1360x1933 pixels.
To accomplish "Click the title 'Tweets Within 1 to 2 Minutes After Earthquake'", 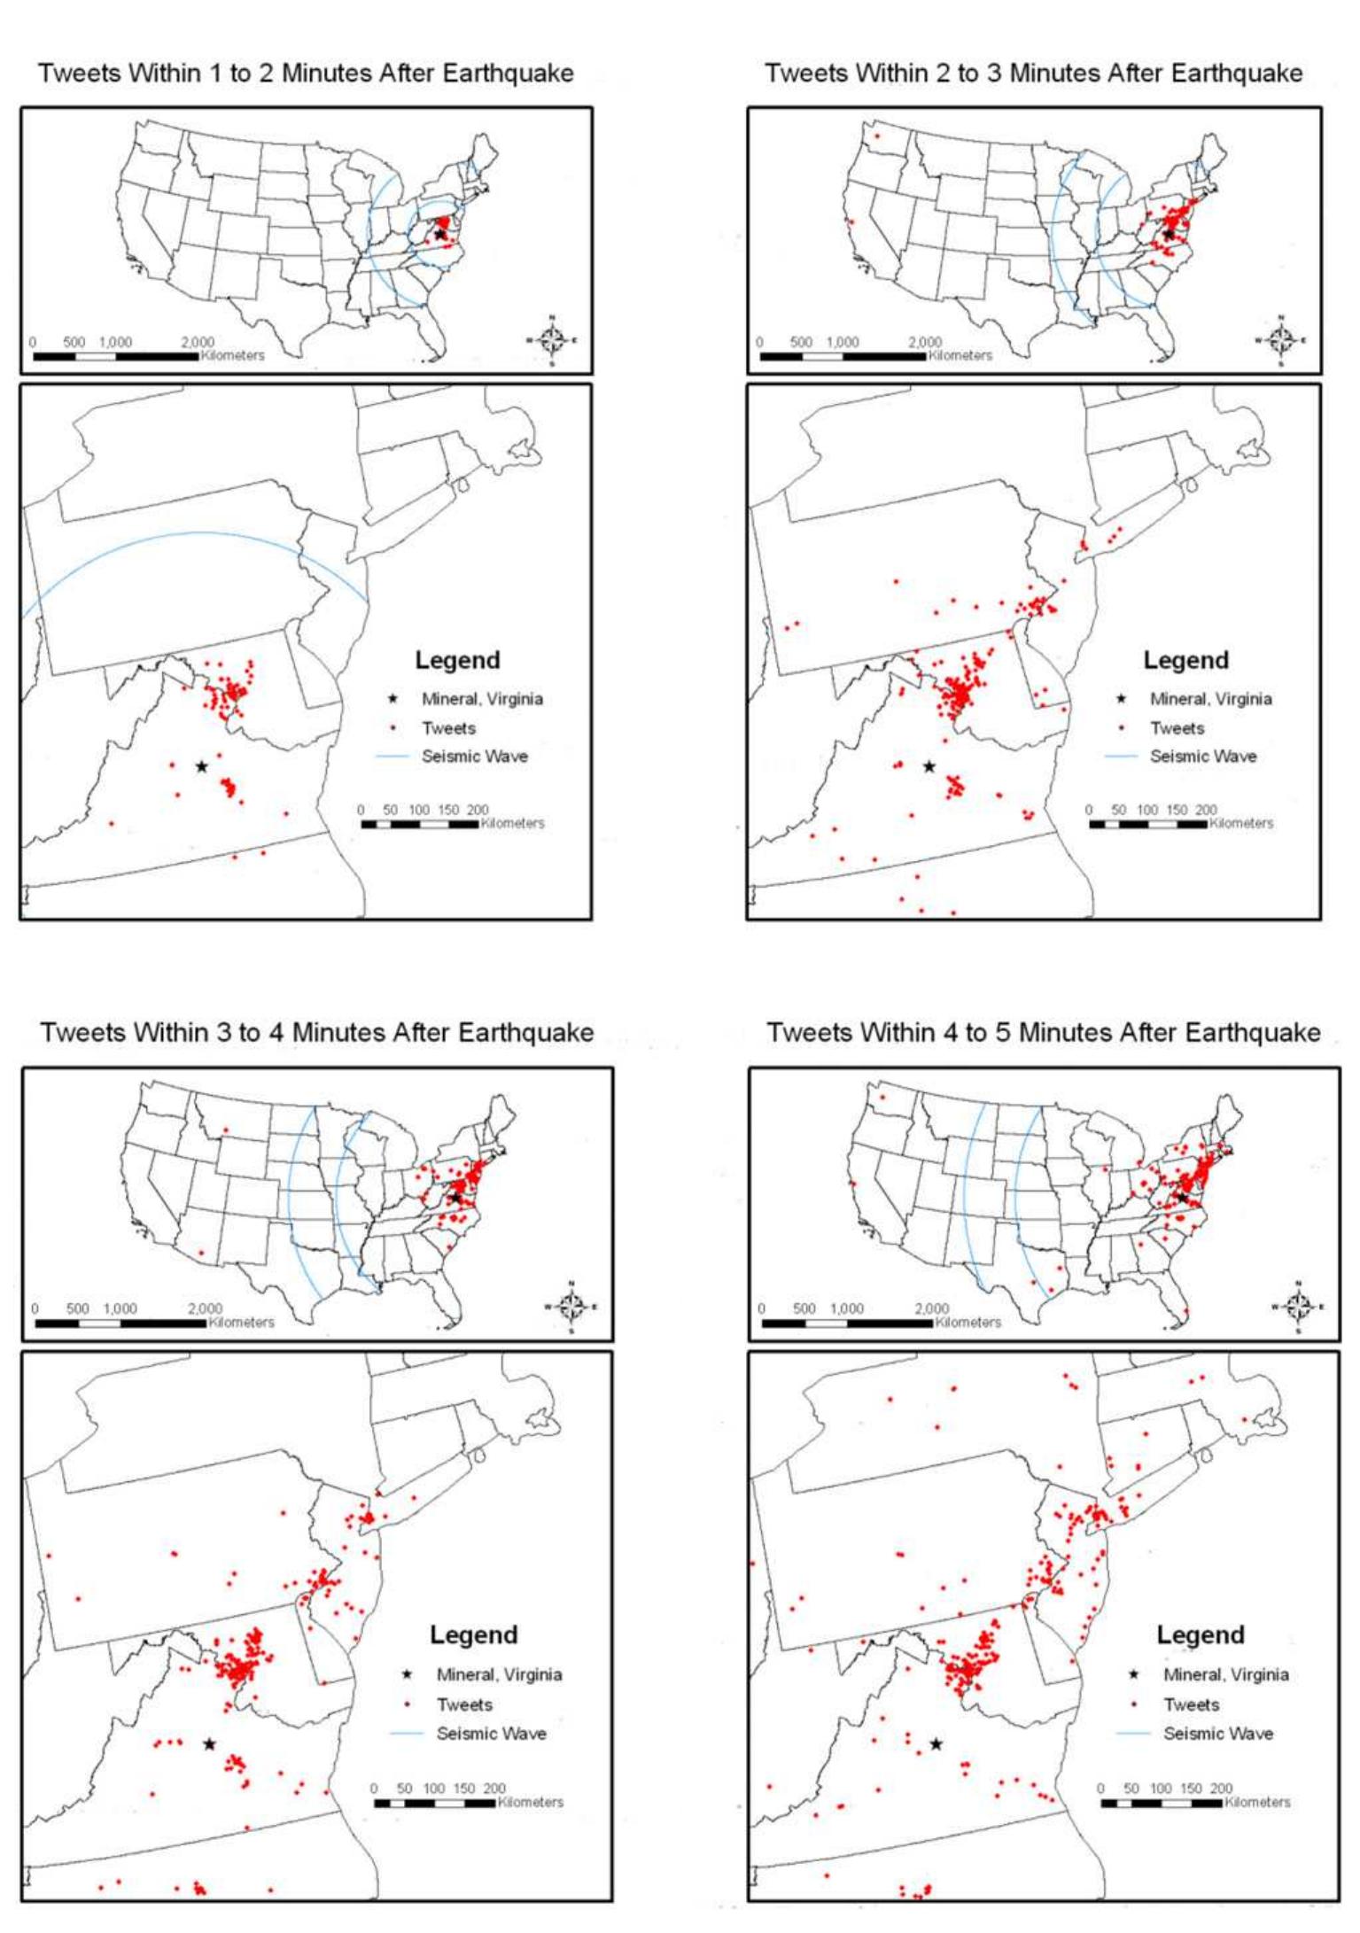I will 306,73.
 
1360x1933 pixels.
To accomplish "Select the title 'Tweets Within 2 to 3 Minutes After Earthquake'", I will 1033,73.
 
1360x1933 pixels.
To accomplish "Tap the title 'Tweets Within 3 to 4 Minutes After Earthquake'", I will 316,1032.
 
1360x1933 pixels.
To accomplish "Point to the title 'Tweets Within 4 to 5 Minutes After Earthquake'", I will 1043,1032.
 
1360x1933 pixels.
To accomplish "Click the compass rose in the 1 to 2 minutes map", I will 552,339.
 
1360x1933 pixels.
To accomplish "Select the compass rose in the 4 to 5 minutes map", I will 1298,1307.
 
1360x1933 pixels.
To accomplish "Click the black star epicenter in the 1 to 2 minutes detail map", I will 202,766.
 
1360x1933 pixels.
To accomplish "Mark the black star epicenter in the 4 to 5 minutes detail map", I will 936,1744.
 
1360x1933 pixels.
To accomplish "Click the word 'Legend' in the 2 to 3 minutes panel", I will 1185,660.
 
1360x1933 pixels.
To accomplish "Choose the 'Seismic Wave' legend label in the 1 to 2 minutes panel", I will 474,757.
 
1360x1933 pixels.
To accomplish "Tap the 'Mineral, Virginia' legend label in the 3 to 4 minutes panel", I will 499,1674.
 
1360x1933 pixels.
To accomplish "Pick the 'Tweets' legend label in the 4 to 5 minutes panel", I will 1191,1704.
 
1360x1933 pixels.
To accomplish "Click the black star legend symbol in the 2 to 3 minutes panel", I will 1122,699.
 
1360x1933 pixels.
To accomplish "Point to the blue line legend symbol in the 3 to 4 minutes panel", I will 407,1734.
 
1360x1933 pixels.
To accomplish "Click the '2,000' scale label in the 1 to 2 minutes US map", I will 198,342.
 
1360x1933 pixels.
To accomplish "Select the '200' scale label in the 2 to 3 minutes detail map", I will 1205,810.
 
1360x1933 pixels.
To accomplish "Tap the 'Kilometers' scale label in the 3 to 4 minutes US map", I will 241,1323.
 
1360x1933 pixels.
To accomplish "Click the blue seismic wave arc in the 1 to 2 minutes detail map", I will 204,532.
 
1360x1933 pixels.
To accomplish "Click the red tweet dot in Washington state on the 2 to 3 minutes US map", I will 878,136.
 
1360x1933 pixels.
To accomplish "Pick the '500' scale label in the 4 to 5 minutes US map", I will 804,1308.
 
